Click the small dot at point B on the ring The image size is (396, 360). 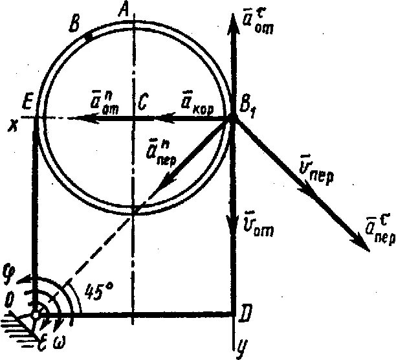point(88,36)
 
